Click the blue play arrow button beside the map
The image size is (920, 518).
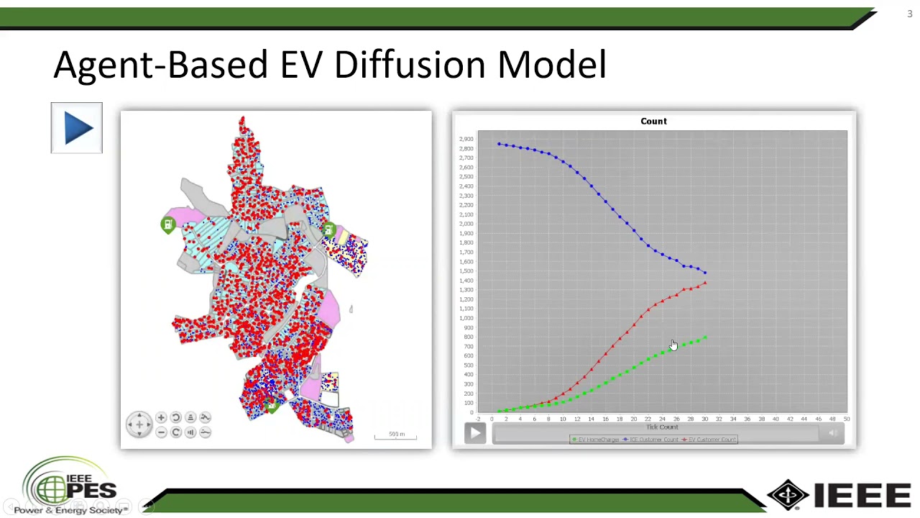click(x=77, y=128)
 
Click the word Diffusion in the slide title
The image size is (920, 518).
click(x=412, y=65)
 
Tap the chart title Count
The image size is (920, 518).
click(x=653, y=121)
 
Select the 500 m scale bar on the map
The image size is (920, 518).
click(x=396, y=435)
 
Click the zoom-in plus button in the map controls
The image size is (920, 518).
click(x=161, y=418)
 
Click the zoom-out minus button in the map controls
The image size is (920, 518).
click(x=161, y=432)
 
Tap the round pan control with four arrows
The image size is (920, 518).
click(x=139, y=424)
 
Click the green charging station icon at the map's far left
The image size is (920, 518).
click(x=167, y=225)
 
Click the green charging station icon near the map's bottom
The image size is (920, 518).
click(x=271, y=406)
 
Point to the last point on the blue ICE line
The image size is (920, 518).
click(x=705, y=273)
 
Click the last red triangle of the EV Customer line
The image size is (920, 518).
click(x=705, y=283)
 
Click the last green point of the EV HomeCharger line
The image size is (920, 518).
click(x=705, y=337)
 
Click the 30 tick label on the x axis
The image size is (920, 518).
click(x=704, y=419)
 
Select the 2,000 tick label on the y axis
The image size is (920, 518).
click(x=466, y=224)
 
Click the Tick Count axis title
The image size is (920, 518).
click(x=662, y=427)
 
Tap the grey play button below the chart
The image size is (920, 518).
click(x=475, y=432)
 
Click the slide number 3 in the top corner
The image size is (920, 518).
click(x=909, y=14)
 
